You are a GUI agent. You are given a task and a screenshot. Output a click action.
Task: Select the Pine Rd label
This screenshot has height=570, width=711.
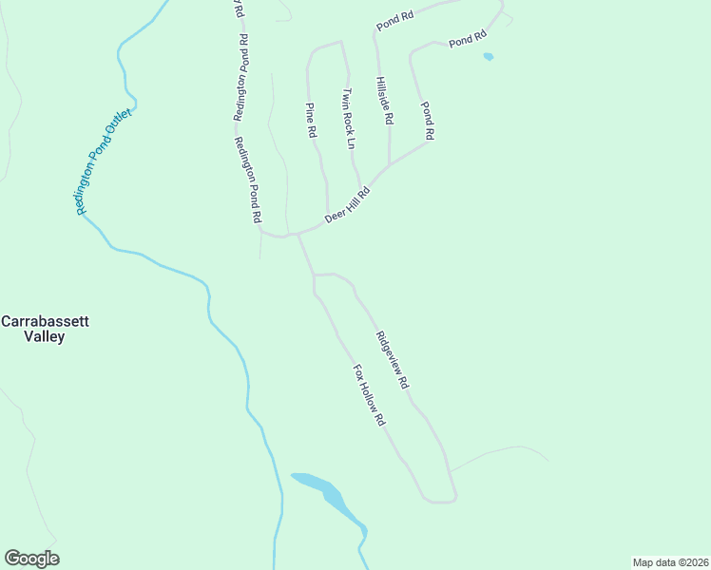310,121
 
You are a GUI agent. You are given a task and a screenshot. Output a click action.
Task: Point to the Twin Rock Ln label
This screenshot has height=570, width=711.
348,119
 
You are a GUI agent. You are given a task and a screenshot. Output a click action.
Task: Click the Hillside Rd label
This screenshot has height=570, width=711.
383,102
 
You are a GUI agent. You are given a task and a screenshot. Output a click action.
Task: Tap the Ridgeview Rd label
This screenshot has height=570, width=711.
392,360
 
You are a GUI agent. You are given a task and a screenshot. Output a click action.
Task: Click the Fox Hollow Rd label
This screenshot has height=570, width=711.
368,394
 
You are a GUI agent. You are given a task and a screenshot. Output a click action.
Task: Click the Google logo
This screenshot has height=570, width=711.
31,559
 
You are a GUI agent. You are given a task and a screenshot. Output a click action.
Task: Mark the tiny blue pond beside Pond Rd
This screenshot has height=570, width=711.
489,57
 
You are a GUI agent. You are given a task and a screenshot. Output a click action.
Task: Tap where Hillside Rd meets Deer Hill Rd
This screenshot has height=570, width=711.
389,165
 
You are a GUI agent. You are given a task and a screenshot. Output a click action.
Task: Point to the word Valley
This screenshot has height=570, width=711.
45,336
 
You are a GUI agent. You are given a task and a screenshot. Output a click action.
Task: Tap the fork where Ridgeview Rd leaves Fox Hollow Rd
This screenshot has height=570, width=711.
314,275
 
